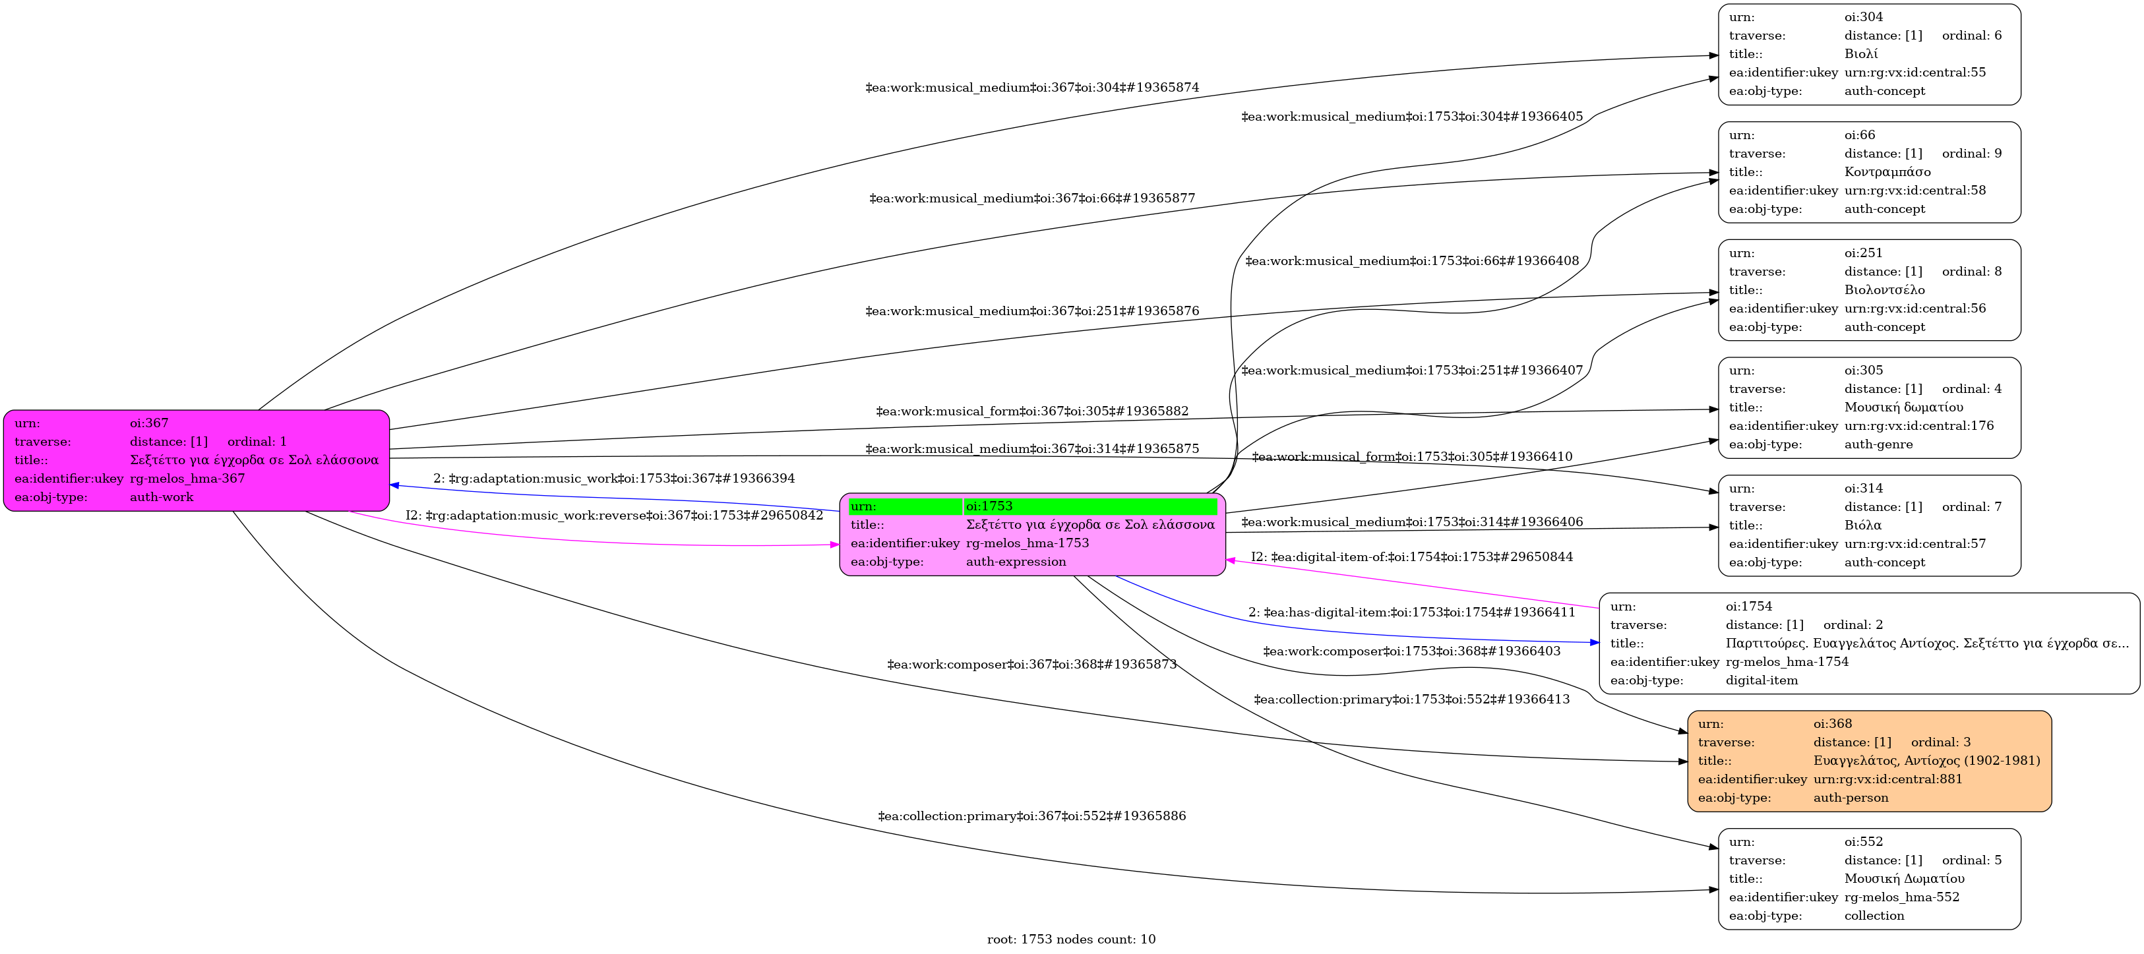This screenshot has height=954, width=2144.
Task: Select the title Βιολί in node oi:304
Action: [x=1861, y=54]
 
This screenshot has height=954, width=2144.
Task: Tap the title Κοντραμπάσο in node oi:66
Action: [x=1887, y=172]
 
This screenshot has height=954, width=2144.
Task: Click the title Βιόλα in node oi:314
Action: [x=1862, y=525]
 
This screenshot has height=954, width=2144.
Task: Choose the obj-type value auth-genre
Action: [x=1878, y=444]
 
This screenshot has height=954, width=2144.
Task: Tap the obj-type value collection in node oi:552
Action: [x=1874, y=916]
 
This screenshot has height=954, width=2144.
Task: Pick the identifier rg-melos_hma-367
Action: [x=187, y=478]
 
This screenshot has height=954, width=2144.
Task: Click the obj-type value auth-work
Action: [x=162, y=497]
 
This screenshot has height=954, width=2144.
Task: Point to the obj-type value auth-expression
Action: [x=1016, y=562]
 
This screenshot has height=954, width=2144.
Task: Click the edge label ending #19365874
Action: [x=1032, y=87]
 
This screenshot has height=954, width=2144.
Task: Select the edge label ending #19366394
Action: [x=614, y=478]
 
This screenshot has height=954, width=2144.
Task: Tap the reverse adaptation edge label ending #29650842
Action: [x=614, y=516]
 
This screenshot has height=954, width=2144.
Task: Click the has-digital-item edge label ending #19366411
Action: [x=1411, y=612]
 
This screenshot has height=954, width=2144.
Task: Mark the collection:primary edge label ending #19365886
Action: [x=1032, y=816]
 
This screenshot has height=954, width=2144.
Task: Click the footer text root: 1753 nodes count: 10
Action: [x=1071, y=939]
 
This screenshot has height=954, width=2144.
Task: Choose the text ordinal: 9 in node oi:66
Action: [x=1972, y=154]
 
